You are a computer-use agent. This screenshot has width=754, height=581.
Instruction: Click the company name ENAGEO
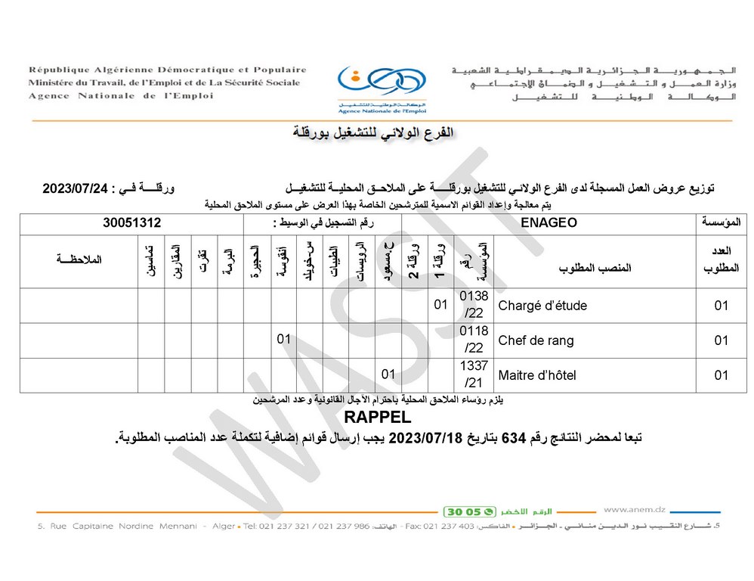[x=549, y=223]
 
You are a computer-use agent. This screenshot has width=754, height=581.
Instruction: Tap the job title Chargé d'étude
[x=542, y=306]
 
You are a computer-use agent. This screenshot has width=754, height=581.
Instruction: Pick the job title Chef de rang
[x=536, y=340]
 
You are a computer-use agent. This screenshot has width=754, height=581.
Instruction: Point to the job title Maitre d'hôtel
[x=539, y=375]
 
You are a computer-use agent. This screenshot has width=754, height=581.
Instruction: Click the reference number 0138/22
[x=474, y=306]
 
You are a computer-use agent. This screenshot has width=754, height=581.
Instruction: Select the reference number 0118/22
[x=474, y=340]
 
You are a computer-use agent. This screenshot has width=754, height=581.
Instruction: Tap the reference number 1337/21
[x=474, y=375]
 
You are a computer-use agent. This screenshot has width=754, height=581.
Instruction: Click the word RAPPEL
[x=378, y=418]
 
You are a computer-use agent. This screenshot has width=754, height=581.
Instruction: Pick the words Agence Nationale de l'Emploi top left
[x=121, y=96]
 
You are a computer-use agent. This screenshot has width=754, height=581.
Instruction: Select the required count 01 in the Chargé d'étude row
[x=721, y=306]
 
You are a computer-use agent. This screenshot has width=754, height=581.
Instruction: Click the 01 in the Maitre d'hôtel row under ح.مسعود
[x=388, y=375]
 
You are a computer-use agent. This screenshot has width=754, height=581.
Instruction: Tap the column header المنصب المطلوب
[x=595, y=269]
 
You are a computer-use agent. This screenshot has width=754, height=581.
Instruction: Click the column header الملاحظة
[x=79, y=259]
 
